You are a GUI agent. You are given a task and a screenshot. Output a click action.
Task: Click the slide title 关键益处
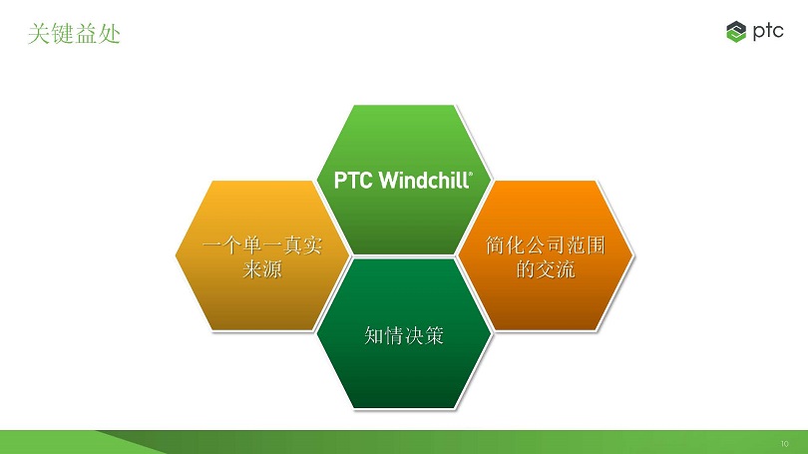74,34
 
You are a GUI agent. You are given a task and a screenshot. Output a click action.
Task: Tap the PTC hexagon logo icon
736,32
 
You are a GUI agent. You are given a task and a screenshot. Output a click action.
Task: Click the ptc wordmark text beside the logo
768,32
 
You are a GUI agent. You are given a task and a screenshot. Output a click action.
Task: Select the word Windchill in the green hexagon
424,181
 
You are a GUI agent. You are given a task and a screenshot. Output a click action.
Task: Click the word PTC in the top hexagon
353,181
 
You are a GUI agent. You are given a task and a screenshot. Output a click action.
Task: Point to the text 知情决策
404,335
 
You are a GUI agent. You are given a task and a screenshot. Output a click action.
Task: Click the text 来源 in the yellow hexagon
262,269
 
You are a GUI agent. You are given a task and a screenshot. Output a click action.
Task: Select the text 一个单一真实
262,245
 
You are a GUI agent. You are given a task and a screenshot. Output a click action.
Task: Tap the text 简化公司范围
546,245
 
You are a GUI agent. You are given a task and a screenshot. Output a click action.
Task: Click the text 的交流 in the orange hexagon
546,269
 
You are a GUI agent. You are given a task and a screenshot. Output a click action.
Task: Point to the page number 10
784,443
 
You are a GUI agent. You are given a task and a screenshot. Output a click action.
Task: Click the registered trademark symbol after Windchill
470,175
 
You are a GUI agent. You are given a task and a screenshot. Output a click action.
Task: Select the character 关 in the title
39,34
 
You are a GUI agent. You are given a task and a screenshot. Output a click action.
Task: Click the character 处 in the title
110,34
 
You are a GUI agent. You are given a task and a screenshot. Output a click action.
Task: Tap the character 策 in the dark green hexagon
434,335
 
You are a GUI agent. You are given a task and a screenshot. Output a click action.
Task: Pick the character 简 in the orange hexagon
495,245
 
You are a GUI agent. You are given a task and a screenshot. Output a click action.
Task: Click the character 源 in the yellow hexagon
272,269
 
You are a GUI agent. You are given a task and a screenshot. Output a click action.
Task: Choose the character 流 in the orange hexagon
566,269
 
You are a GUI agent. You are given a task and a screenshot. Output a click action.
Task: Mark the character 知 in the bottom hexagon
374,335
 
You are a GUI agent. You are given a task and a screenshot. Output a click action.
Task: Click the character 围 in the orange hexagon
596,245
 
